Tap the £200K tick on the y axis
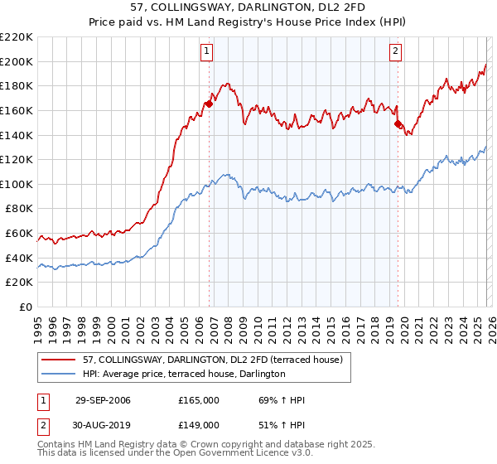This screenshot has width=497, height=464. [x=17, y=61]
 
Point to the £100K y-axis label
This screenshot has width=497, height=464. [x=17, y=184]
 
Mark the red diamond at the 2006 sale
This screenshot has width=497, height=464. [x=210, y=104]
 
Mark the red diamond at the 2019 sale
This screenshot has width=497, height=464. [x=398, y=124]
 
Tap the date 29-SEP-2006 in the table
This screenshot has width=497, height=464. [x=103, y=400]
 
